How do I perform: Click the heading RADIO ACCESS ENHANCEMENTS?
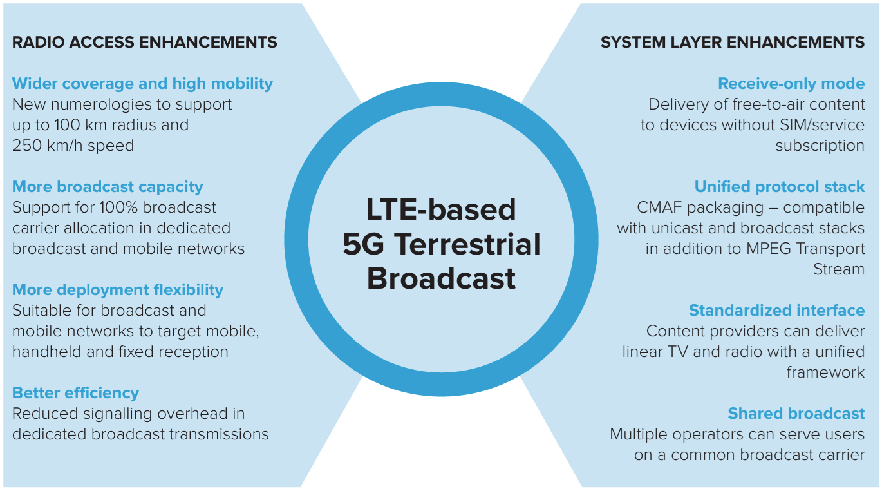point(144,42)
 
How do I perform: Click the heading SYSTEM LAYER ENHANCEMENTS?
point(733,42)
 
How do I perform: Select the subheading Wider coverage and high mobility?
point(142,84)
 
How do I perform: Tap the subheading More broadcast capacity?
point(108,187)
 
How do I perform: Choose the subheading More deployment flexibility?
point(118,290)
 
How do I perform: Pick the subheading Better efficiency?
point(75,393)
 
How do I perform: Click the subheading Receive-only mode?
point(791,84)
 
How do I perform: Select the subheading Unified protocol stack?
point(779,187)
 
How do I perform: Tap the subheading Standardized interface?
point(776,311)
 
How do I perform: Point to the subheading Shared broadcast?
point(796,414)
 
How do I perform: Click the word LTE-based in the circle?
point(441,209)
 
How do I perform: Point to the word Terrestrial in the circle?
point(467,244)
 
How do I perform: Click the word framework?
point(825,372)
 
